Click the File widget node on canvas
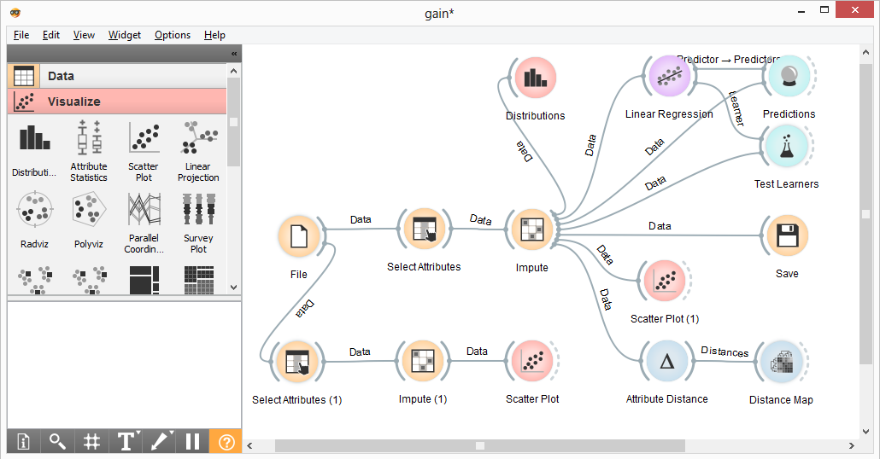299,236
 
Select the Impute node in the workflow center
531,230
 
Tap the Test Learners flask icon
786,146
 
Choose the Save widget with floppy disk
786,236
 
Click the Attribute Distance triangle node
666,362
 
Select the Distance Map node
780,363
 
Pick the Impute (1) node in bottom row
423,362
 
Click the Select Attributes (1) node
296,362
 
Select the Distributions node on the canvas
535,78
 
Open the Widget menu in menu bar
125,35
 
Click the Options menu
173,35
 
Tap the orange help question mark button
226,441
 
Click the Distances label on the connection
725,352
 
